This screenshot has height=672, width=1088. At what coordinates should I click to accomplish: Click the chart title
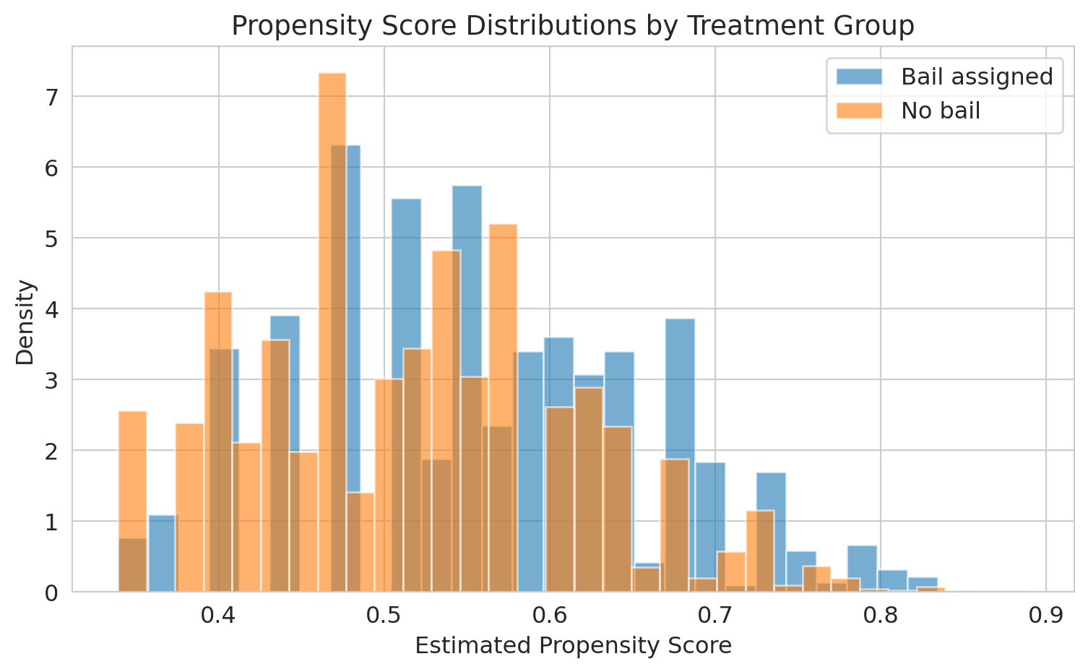[573, 25]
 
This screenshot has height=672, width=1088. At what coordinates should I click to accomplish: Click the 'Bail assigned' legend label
[977, 77]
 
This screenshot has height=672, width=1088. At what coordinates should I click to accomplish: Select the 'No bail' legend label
[941, 111]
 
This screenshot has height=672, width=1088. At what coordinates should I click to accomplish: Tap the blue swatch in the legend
[859, 77]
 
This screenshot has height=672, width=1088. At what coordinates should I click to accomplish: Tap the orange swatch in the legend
[859, 111]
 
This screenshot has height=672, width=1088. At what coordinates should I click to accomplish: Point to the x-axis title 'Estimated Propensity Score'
[573, 646]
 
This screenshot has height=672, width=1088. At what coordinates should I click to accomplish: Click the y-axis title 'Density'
[25, 322]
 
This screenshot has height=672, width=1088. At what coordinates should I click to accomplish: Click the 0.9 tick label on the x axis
[1046, 616]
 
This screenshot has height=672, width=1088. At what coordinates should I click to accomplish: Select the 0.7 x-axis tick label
[715, 616]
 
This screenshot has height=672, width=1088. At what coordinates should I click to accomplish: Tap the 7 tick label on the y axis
[51, 97]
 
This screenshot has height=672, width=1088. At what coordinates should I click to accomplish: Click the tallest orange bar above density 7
[332, 332]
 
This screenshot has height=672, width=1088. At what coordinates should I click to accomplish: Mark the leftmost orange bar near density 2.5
[133, 501]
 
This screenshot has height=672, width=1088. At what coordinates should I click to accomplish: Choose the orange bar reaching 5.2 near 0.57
[504, 408]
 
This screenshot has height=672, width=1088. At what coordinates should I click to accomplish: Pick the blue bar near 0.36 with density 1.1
[161, 553]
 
